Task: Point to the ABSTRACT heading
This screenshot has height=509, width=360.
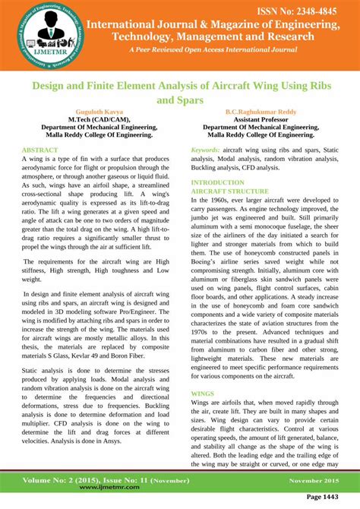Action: (40, 150)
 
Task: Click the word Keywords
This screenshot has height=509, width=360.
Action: (206, 150)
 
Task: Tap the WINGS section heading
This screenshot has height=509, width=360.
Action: (203, 394)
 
